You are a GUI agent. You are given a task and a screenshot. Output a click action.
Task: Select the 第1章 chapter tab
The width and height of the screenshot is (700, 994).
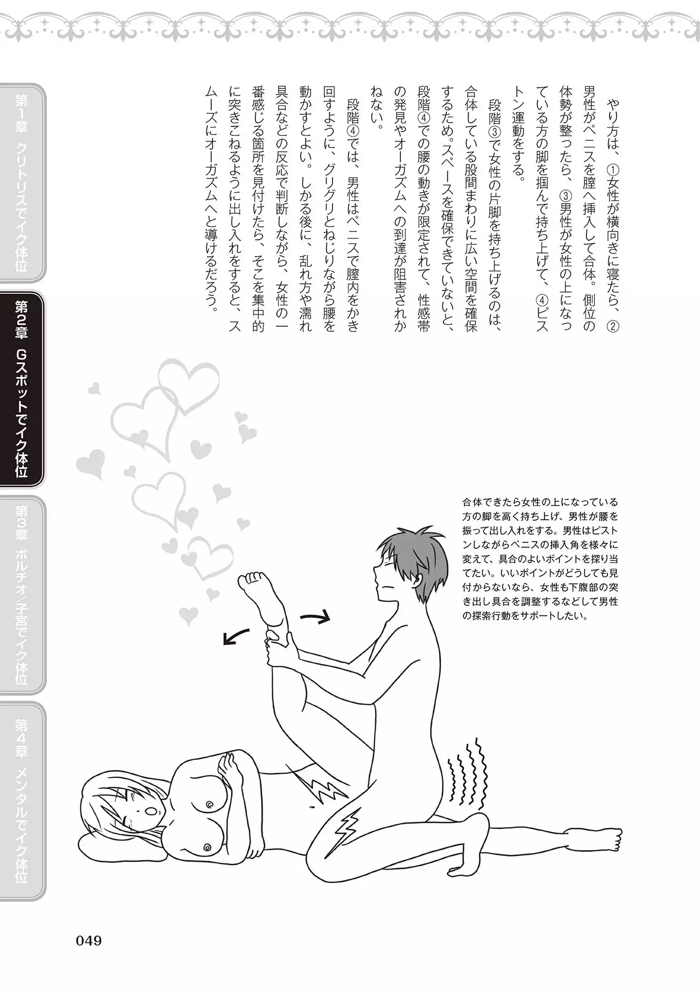point(23,183)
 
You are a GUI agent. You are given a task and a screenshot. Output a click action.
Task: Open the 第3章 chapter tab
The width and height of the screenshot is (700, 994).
point(23,595)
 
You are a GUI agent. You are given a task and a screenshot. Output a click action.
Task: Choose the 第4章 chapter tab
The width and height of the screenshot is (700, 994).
point(23,801)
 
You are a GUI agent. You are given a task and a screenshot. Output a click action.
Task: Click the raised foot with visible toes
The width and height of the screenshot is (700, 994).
point(259,596)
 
